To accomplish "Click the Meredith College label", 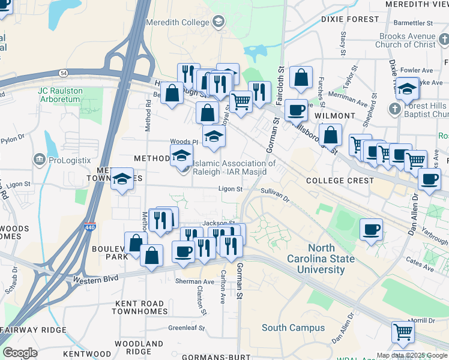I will pos(176,23).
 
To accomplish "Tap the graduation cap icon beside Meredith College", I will pos(218,23).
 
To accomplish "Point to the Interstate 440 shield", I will pos(89,228).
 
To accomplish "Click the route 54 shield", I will pos(64,73).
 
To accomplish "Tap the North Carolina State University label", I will pos(330,259).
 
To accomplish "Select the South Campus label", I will pos(293,328).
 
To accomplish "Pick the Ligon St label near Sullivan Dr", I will pos(230,189).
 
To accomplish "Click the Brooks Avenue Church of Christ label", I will pos(407,40).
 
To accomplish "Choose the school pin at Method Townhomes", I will pos(122,179).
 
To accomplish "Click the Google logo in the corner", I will pos(20,353).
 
